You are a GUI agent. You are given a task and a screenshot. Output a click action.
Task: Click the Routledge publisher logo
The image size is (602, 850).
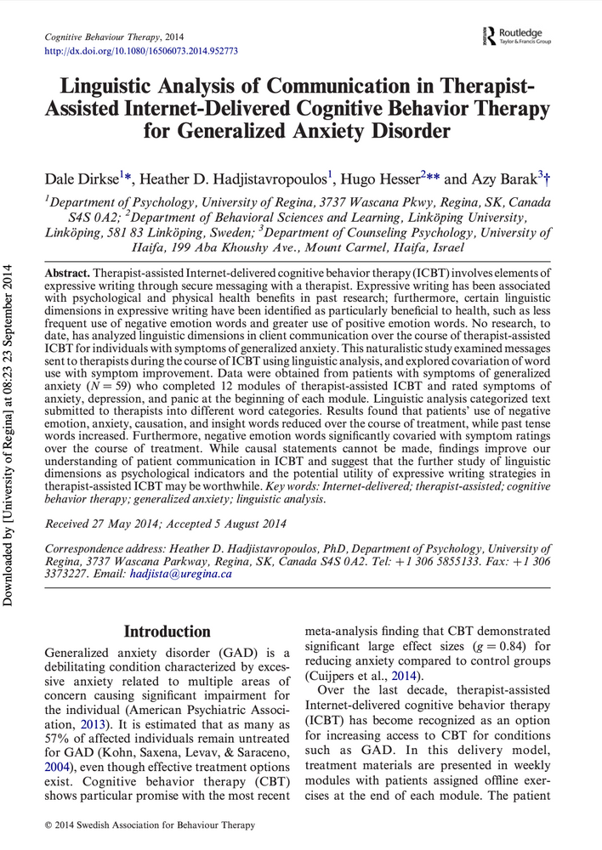[515, 37]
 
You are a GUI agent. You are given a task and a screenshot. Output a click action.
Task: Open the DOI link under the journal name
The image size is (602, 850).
[140, 51]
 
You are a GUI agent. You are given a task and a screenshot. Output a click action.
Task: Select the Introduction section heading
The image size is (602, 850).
[168, 632]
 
